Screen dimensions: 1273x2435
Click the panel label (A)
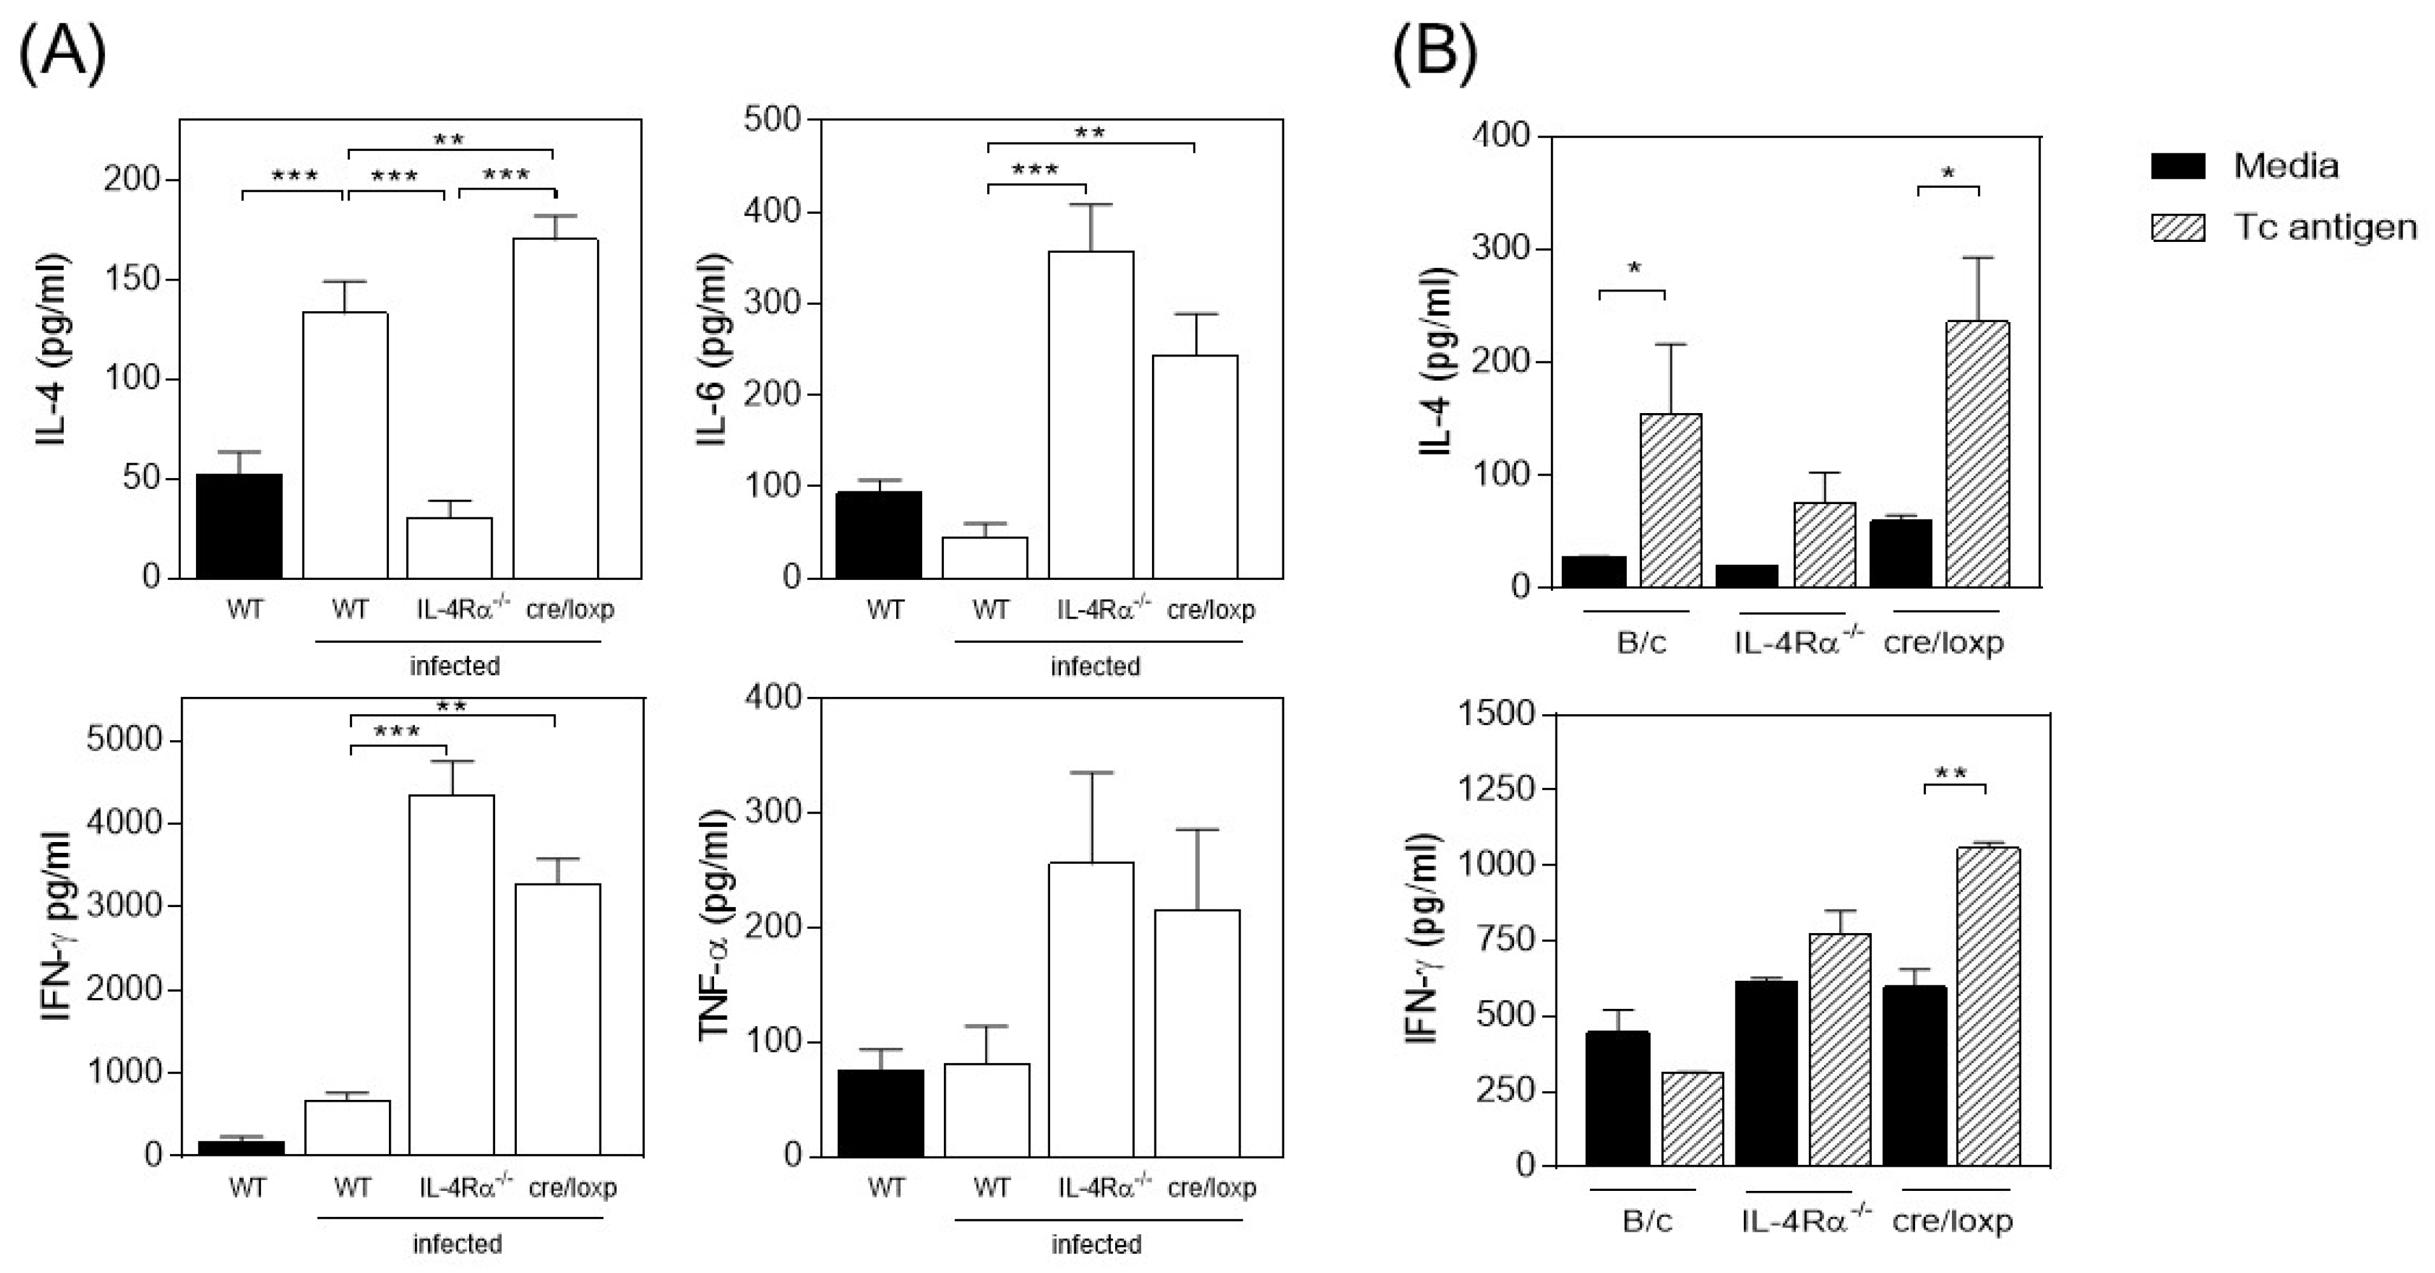pos(62,55)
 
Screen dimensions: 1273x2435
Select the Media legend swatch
pos(2178,166)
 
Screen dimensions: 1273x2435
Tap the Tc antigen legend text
pos(2324,228)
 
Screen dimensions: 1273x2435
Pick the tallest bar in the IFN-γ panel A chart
pos(451,973)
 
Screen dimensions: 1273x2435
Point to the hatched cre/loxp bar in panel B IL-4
pos(1977,454)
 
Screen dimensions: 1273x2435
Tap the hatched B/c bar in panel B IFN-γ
pos(1692,1119)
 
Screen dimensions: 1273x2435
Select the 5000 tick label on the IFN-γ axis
pos(125,740)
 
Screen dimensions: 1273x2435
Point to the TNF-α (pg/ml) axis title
pos(715,924)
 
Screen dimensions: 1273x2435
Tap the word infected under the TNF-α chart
pos(1095,1244)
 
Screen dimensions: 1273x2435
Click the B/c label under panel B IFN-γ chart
pos(1646,1221)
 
